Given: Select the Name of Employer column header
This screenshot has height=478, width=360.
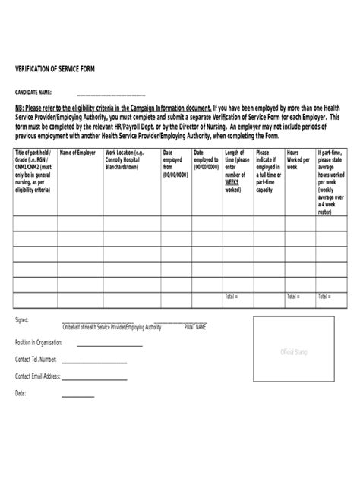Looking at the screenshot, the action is coord(77,153).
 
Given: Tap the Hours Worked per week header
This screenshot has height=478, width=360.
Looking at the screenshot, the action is coord(298,159).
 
